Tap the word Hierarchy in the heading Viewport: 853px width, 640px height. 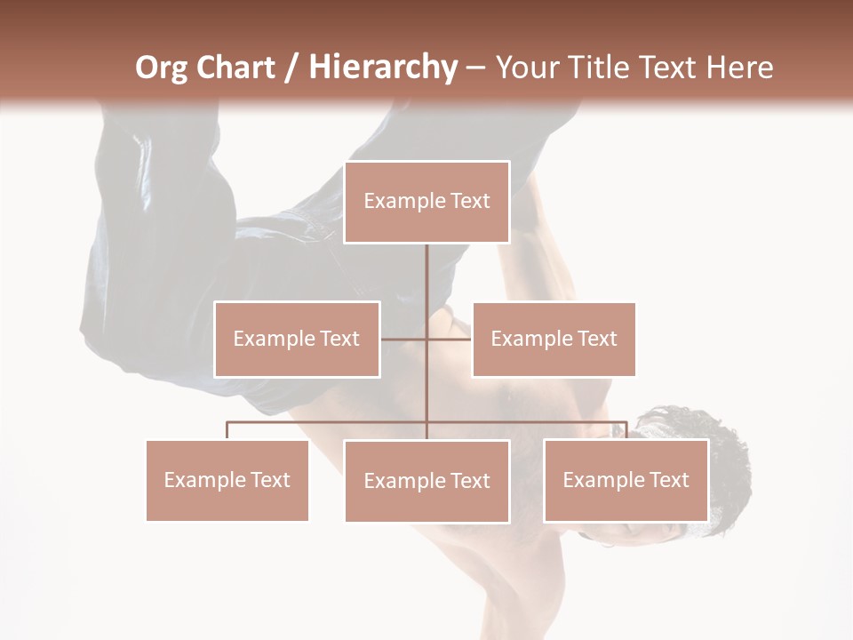383,68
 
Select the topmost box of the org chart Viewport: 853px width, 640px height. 426,202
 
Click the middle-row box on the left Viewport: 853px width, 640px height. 297,339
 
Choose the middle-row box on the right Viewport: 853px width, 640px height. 554,339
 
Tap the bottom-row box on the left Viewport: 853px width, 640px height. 227,480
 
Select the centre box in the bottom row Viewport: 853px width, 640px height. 426,481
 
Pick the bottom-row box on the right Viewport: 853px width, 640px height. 626,480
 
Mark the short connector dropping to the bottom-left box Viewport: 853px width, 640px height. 227,430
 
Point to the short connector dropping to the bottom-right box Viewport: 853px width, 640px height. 626,430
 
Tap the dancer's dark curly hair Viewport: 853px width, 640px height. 702,436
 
